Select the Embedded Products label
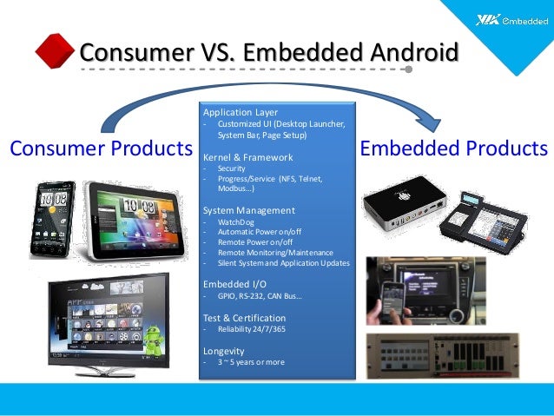(x=454, y=148)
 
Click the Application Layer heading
(x=241, y=113)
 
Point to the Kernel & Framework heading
(x=247, y=157)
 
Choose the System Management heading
(x=248, y=210)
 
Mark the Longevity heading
(x=225, y=350)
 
